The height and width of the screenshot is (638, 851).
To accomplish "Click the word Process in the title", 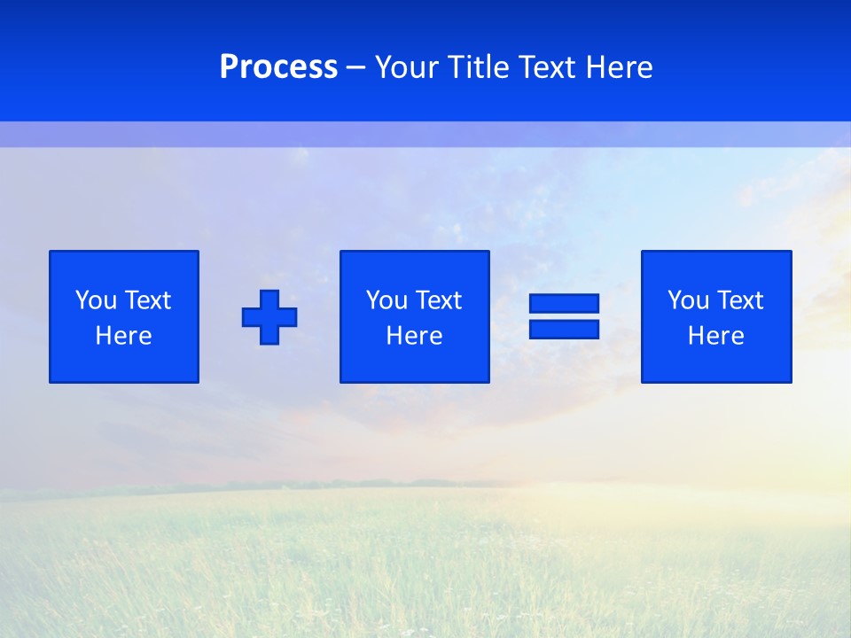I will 278,67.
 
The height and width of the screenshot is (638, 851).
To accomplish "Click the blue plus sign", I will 269,316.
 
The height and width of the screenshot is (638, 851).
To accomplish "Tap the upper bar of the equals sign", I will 564,303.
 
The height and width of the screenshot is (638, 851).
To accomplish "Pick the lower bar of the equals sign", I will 564,329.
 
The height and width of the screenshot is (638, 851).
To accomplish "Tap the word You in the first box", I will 96,300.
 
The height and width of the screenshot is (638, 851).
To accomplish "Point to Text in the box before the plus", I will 147,300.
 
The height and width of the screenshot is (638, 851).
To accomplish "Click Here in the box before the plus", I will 124,336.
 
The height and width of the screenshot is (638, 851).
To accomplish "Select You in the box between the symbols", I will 386,300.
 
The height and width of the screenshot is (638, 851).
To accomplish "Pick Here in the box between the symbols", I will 415,336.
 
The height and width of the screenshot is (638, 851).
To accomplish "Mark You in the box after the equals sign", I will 688,300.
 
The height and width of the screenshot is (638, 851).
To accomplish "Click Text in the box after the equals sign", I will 739,300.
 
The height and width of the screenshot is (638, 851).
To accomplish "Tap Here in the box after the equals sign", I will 716,336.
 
